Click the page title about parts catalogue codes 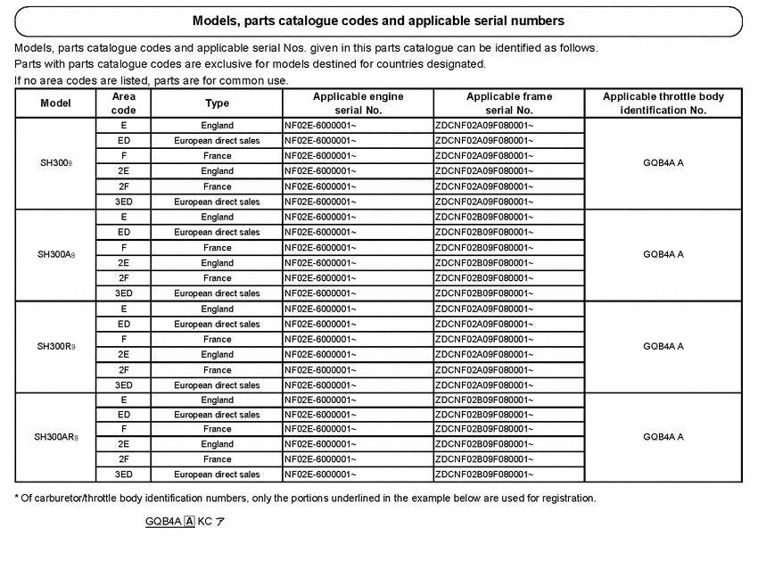tap(378, 20)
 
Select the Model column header tap(55, 103)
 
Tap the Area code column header tap(123, 103)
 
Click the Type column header tap(217, 103)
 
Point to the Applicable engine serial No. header tap(358, 103)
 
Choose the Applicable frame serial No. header tap(508, 103)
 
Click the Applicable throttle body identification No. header tap(663, 103)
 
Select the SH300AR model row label tap(56, 437)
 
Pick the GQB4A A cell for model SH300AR tap(663, 437)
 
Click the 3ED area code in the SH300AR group tap(123, 474)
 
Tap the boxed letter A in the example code tap(189, 521)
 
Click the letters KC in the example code tap(204, 521)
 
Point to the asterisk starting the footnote tap(17, 498)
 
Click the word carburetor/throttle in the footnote tap(72, 498)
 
